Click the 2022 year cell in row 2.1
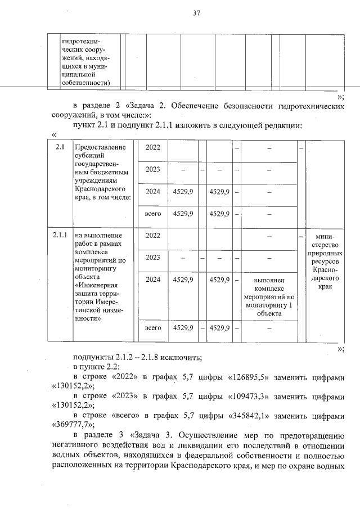152,147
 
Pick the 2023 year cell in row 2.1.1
152,258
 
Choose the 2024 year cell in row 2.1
152,192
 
